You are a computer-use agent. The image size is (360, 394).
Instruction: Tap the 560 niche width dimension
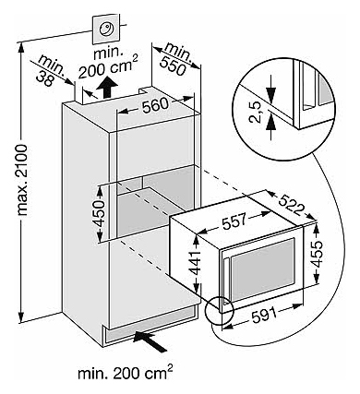point(155,106)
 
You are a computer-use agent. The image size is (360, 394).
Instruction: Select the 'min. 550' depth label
point(173,59)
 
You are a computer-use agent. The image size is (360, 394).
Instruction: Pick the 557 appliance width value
point(234,221)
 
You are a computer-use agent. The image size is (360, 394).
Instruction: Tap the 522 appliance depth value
point(292,205)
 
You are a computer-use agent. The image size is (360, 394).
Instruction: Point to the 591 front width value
point(264,315)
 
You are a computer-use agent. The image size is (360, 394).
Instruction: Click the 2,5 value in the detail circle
point(255,112)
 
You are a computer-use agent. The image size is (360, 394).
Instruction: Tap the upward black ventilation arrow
point(107,87)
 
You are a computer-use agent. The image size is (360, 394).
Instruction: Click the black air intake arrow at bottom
point(150,340)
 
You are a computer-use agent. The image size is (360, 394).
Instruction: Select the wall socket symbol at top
point(106,30)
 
